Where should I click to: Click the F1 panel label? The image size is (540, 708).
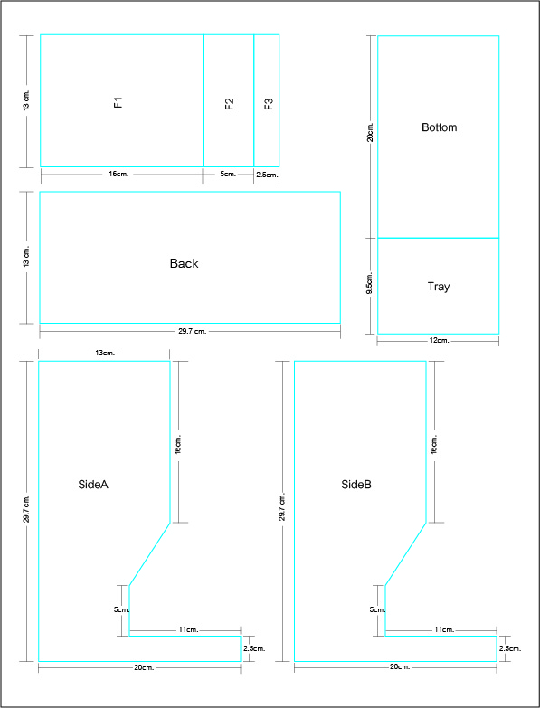click(x=118, y=102)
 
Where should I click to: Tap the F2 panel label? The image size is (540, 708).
click(x=230, y=104)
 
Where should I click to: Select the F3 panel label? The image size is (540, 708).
click(x=269, y=104)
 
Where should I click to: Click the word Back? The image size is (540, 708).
click(x=184, y=263)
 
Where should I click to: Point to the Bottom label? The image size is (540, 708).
click(x=440, y=127)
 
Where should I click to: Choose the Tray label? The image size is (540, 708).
click(x=439, y=287)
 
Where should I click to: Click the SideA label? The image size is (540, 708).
click(x=93, y=485)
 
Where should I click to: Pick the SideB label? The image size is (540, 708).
click(x=356, y=485)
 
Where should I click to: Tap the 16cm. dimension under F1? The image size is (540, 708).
click(x=118, y=175)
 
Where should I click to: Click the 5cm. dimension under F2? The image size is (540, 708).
click(x=228, y=175)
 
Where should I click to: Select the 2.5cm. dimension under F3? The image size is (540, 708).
click(x=267, y=175)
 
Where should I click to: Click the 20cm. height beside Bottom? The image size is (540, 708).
click(x=370, y=131)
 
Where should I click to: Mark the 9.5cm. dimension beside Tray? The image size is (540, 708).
click(x=370, y=283)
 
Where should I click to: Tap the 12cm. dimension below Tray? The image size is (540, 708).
click(x=439, y=341)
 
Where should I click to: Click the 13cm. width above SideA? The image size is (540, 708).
click(x=105, y=354)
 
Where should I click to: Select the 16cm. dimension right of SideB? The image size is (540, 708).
click(x=434, y=444)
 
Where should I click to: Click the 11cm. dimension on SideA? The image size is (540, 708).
click(x=188, y=629)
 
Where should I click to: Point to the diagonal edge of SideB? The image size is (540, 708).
click(x=405, y=554)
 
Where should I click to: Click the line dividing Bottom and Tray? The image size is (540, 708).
click(x=438, y=238)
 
